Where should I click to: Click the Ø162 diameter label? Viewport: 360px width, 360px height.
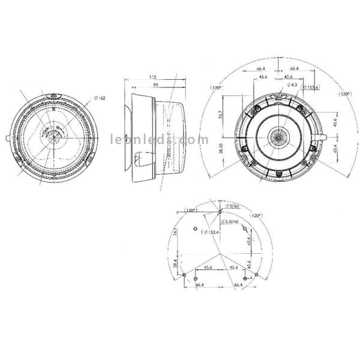[100, 98]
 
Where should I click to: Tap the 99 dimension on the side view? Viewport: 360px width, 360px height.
[156, 86]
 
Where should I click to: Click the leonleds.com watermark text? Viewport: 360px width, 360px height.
[155, 137]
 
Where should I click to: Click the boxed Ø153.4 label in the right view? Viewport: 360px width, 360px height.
[310, 88]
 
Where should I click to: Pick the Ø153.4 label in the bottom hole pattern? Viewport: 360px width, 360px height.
[214, 232]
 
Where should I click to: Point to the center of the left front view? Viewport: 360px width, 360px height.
[53, 137]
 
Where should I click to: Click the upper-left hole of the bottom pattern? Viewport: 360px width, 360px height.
[195, 229]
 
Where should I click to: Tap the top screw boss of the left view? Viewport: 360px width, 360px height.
[52, 96]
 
